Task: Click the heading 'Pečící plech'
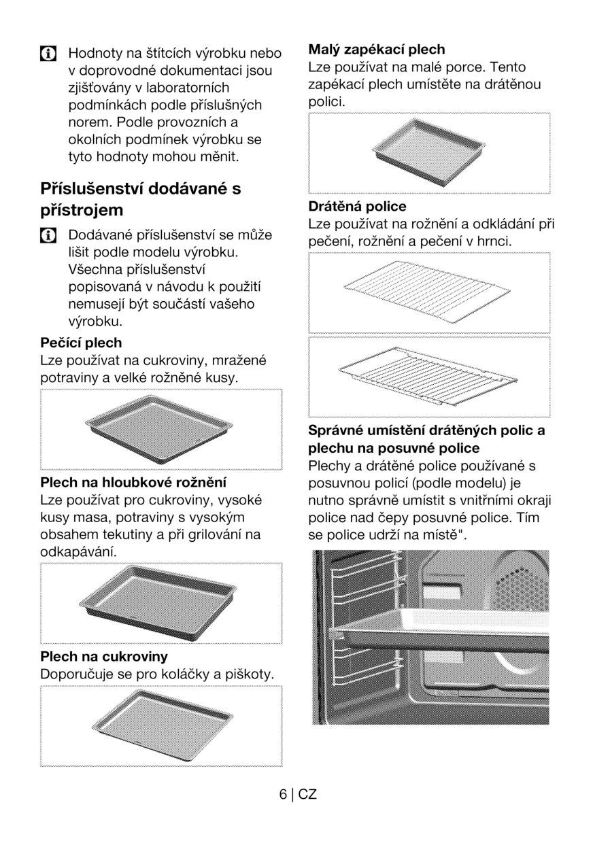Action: [x=81, y=343]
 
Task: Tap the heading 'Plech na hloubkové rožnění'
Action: [x=133, y=482]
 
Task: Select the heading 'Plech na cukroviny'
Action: [x=104, y=656]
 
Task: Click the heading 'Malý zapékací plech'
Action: [x=377, y=50]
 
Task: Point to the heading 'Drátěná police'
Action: [x=357, y=206]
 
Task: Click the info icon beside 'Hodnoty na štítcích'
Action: [x=48, y=54]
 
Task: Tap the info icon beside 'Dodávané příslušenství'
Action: [x=48, y=235]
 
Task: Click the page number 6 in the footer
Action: [x=283, y=794]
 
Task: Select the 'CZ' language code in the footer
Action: [x=307, y=794]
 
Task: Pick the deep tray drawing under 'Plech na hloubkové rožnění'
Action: [x=158, y=603]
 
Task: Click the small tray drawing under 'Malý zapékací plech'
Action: [x=429, y=152]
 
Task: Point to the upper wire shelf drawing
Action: [x=427, y=292]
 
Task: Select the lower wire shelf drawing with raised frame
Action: [x=428, y=376]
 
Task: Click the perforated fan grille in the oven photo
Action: [x=522, y=589]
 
